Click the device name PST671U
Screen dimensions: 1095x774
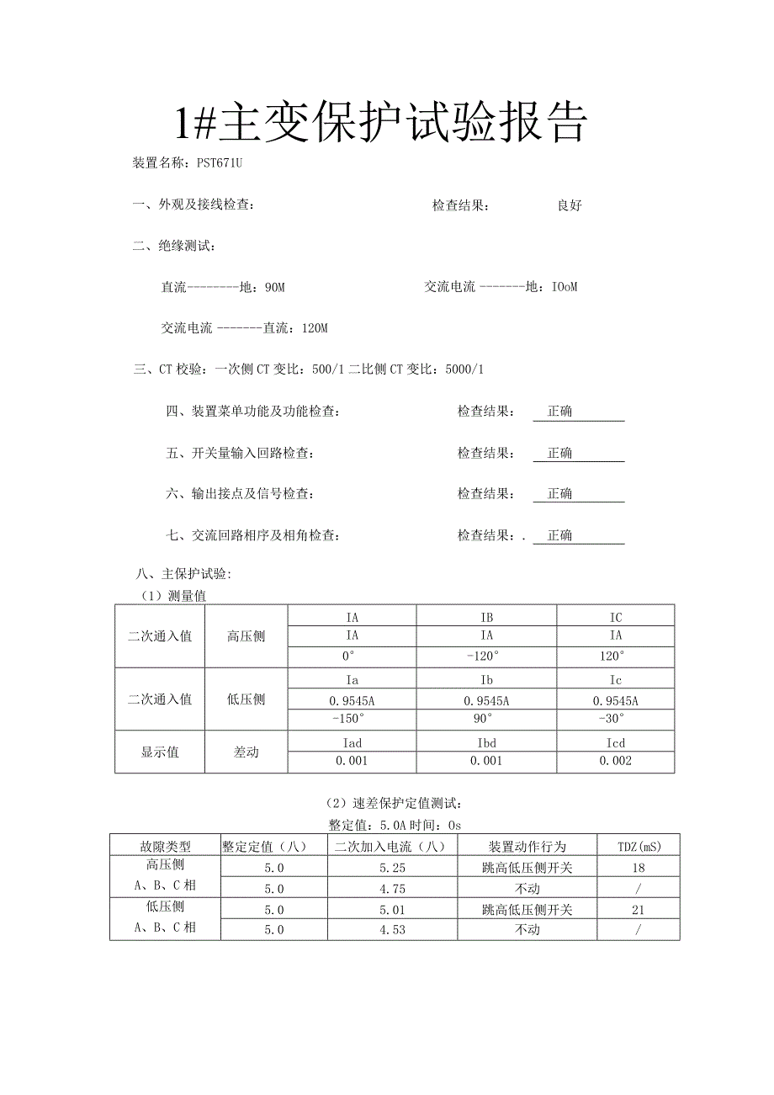point(220,162)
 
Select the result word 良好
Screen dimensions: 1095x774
point(570,205)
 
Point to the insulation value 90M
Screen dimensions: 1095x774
point(274,287)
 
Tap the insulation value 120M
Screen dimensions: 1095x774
point(314,328)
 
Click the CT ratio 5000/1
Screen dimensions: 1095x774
point(463,369)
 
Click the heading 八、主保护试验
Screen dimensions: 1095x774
point(183,574)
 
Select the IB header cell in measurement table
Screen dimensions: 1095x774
point(486,617)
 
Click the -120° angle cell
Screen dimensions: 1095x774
point(486,656)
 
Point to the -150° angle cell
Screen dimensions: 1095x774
point(352,719)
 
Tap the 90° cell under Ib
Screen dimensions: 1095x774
point(486,719)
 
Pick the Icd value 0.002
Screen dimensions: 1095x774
point(616,761)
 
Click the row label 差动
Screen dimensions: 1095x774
point(246,752)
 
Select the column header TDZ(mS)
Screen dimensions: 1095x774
point(639,846)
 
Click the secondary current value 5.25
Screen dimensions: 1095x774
point(393,868)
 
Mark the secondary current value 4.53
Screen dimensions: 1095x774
point(393,930)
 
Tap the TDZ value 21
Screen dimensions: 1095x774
point(639,910)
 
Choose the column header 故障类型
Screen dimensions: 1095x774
point(165,846)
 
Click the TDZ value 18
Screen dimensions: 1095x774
point(639,868)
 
